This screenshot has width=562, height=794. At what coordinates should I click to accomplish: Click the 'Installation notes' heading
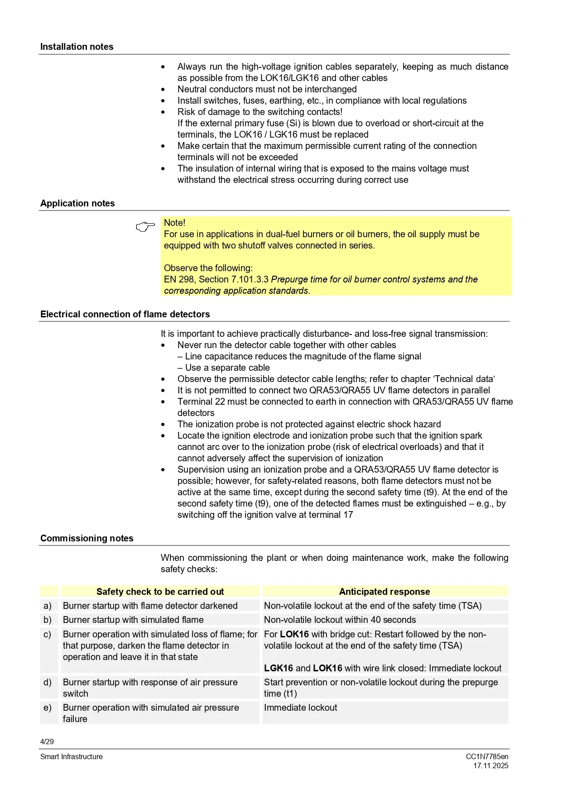(x=77, y=47)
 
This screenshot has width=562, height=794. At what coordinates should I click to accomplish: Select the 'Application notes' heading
(x=77, y=203)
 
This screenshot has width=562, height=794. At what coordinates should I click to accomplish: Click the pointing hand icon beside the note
(x=145, y=226)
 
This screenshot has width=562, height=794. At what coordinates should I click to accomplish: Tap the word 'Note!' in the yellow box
(x=174, y=223)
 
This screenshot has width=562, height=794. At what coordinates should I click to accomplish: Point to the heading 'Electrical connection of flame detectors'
(x=125, y=314)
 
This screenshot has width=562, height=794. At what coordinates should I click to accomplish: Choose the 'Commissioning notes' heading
(x=87, y=538)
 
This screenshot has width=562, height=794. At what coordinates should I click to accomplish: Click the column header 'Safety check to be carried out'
(x=160, y=592)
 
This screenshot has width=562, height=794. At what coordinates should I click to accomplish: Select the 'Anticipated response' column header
(x=384, y=592)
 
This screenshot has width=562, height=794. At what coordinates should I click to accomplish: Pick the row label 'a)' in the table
(x=48, y=606)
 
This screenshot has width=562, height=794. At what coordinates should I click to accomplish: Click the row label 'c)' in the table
(x=48, y=634)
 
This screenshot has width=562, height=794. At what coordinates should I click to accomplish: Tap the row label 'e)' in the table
(x=48, y=708)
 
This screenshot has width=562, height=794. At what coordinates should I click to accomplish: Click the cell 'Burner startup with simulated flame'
(x=133, y=620)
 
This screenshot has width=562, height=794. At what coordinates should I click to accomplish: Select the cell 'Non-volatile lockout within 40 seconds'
(x=340, y=620)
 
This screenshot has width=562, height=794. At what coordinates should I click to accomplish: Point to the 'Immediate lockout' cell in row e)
(x=301, y=708)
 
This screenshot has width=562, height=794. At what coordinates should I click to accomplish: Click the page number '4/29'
(x=47, y=741)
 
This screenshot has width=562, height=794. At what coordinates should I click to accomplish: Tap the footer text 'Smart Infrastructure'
(x=72, y=756)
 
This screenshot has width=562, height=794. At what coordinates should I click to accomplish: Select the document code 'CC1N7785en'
(x=487, y=756)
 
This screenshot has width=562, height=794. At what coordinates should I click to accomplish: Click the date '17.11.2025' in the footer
(x=491, y=765)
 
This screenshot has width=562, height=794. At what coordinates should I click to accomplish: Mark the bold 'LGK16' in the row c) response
(x=279, y=668)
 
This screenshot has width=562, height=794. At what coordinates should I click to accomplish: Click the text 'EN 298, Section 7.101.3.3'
(x=216, y=279)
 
